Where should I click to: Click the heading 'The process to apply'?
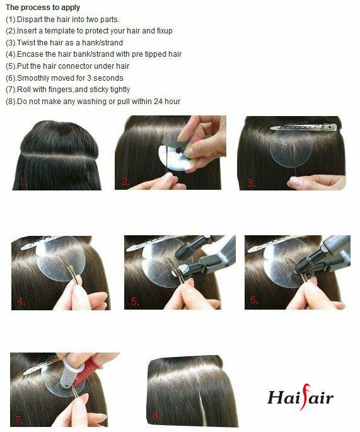43,7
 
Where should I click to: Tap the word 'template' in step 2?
59,30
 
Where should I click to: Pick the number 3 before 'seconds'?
89,78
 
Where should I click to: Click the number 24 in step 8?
158,102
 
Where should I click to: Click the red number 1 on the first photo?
23,182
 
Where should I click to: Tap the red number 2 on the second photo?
125,182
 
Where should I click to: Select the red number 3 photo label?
251,183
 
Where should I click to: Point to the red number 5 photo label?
135,301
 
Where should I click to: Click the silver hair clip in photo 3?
303,127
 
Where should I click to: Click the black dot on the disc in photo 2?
179,150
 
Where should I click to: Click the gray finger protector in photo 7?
71,373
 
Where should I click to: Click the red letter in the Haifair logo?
305,397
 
